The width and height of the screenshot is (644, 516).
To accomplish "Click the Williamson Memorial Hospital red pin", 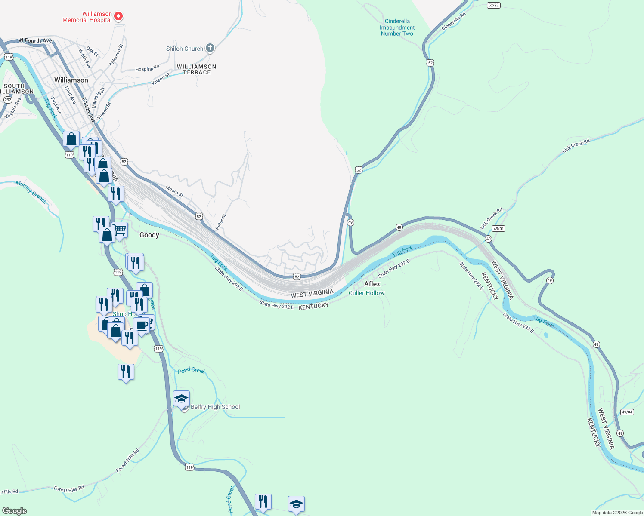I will click(118, 16).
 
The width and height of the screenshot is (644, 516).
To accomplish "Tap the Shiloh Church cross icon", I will click(210, 48).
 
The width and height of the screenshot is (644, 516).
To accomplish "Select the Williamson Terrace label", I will click(196, 69).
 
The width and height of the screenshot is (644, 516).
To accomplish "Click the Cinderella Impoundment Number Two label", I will click(397, 27).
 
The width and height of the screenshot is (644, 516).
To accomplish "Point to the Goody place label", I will click(149, 235).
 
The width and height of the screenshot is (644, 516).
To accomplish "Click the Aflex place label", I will click(372, 284).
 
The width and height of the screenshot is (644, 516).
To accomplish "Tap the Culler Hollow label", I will click(366, 293).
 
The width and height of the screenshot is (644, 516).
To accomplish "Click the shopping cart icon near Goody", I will click(120, 230).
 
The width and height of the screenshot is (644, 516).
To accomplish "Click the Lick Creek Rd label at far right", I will click(576, 146).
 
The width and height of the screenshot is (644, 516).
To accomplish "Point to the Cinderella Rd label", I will click(453, 21).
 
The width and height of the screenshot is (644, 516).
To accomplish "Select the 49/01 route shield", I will click(498, 229).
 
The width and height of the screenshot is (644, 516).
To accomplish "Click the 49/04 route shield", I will click(627, 412).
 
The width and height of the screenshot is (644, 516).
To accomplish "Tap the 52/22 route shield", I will click(494, 5).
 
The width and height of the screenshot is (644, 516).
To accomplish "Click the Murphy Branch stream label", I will click(31, 192).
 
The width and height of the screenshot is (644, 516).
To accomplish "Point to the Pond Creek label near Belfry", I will click(192, 370).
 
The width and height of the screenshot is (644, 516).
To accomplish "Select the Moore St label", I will click(174, 191).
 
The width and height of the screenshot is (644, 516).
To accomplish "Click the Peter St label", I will click(220, 222).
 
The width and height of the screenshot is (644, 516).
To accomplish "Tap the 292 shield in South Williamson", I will click(8, 100).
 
